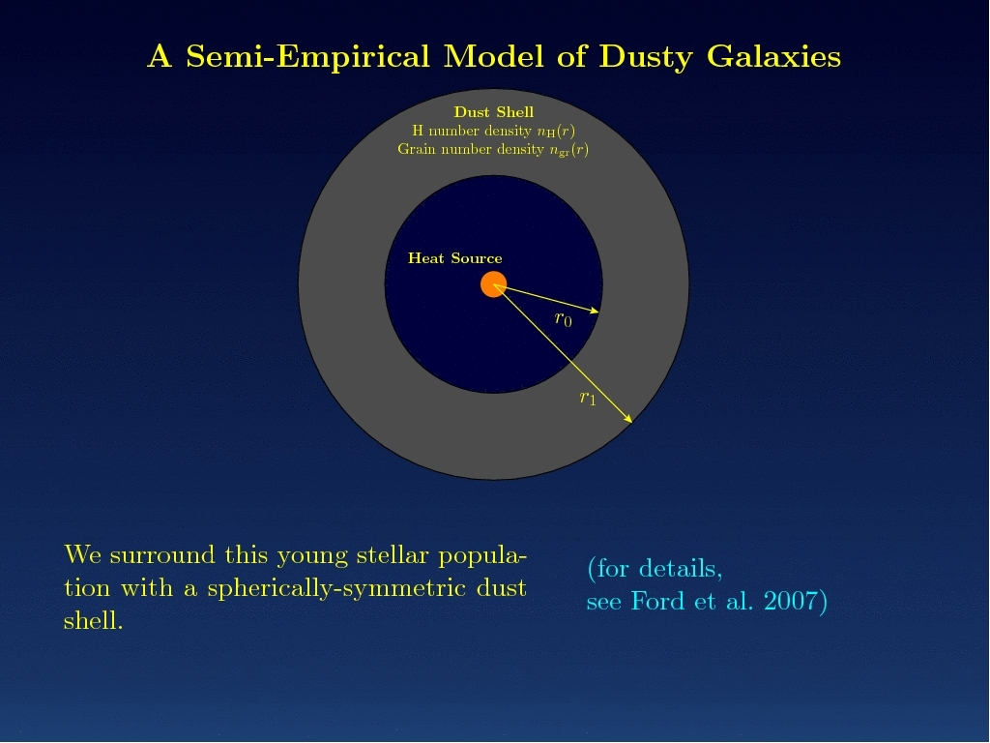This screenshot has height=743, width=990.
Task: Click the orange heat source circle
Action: (493, 284)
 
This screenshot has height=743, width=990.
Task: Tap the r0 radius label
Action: (564, 319)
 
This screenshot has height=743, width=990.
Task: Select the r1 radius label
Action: (588, 398)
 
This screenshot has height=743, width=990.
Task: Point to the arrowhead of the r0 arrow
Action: (596, 311)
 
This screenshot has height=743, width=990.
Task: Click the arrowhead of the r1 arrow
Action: (628, 418)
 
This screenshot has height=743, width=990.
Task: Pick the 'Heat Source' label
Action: (454, 257)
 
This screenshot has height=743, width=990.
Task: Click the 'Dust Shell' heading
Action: (494, 112)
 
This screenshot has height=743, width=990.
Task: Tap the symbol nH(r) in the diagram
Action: (556, 131)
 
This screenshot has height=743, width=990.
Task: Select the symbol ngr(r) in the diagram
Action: (568, 150)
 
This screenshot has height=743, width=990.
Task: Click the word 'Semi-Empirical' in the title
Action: (307, 57)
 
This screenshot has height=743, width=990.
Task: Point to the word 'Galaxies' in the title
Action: (773, 57)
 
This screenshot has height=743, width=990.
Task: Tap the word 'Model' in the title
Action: (493, 56)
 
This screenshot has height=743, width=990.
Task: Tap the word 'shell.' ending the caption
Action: (94, 620)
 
